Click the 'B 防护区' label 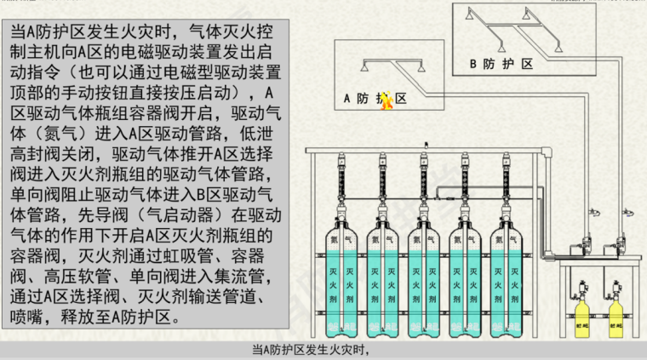pos(501,64)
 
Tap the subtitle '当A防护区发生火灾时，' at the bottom pos(315,350)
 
